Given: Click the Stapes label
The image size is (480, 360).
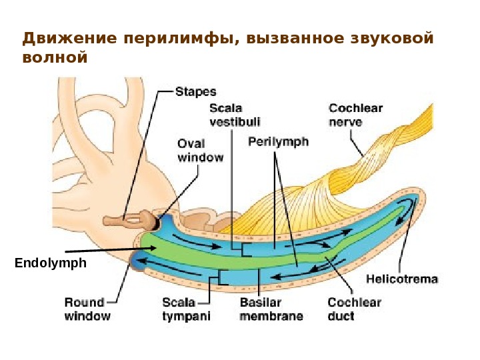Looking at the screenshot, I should point(195,91).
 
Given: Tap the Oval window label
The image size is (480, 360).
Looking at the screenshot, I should point(200,150).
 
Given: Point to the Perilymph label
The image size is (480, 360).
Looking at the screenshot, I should point(278,142).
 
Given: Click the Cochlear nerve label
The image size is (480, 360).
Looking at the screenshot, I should point(355,114).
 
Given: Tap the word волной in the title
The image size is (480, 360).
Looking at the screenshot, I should point(55,57).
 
